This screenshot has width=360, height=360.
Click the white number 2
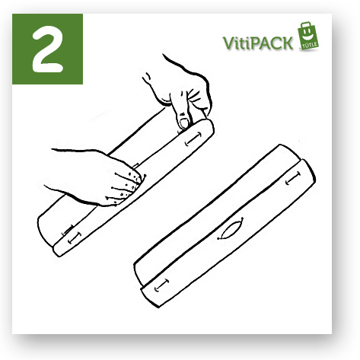pyautogui.click(x=47, y=49)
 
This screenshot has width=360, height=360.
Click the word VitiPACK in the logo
pyautogui.click(x=258, y=43)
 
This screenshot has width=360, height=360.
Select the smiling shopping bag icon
pyautogui.click(x=308, y=36)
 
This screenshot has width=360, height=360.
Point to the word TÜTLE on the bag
pyautogui.click(x=310, y=45)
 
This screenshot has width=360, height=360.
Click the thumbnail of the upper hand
pyautogui.click(x=184, y=123)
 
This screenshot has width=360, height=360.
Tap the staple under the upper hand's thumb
pyautogui.click(x=193, y=139)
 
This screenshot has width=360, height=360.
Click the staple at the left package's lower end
pyautogui.click(x=75, y=238)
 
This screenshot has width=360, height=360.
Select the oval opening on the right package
pyautogui.click(x=231, y=228)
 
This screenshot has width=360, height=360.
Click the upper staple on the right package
pyautogui.click(x=293, y=178)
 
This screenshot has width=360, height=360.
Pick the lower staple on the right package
pyautogui.click(x=161, y=285)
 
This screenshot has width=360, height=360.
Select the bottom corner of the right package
pyautogui.click(x=158, y=307)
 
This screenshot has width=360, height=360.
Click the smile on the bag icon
pyautogui.click(x=309, y=37)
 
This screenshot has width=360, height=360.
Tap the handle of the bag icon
pyautogui.click(x=306, y=25)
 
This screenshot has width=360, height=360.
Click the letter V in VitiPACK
pyautogui.click(x=228, y=43)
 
